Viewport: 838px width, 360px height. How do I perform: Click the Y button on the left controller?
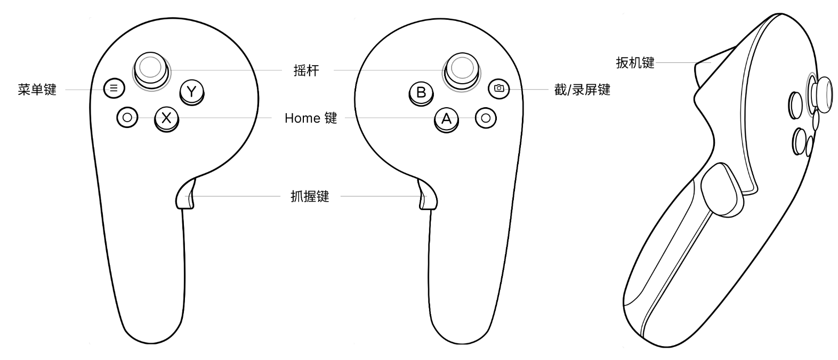pos(192,92)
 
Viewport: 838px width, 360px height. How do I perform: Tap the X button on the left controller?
pos(167,117)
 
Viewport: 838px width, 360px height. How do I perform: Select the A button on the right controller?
pos(446,118)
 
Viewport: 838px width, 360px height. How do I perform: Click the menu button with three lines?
pos(114,88)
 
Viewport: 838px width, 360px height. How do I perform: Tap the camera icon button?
pos(498,88)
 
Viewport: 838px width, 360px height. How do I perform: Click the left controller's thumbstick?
pos(150,67)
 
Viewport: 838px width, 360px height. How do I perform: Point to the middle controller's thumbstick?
pos(461,67)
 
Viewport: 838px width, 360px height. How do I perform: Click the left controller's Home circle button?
pos(127,117)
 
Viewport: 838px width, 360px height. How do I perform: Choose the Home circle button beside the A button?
pos(485,117)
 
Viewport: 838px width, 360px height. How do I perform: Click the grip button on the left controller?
pos(186,195)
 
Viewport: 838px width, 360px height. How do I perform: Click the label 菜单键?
pos(37,90)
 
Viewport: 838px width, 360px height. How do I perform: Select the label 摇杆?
pos(307,70)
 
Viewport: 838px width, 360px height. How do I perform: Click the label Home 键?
pos(311,118)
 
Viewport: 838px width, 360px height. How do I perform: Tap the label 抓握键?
pos(310,197)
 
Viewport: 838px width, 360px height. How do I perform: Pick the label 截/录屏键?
pos(582,90)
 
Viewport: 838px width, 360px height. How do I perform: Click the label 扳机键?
pos(635,63)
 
